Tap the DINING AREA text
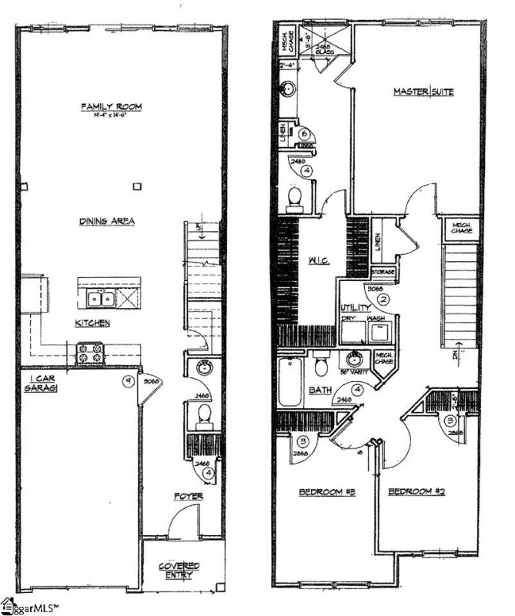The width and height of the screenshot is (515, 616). coord(107,221)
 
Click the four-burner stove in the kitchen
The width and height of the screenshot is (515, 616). coord(89,353)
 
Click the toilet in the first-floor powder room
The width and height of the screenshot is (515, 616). coord(203,416)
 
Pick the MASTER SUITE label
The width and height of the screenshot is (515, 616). coord(423,92)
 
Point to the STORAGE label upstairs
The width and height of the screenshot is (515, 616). coord(383,273)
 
